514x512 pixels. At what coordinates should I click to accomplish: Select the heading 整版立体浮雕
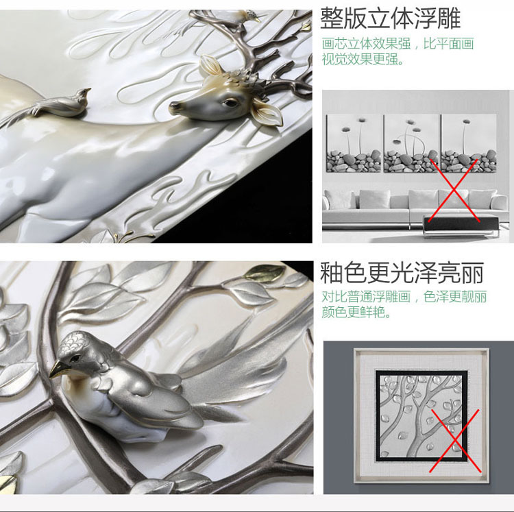390,19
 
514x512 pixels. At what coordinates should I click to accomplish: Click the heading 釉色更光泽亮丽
402,273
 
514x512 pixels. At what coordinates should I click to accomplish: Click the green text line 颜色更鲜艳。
356,312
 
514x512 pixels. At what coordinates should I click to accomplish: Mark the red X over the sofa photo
454,191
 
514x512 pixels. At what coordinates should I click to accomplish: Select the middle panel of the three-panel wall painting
412,143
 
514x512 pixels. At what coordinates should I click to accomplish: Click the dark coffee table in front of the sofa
461,225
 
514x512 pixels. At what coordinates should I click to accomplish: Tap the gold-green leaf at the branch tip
266,271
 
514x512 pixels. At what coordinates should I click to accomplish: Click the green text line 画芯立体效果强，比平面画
397,44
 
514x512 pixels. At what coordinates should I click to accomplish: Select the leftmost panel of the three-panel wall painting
354,143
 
